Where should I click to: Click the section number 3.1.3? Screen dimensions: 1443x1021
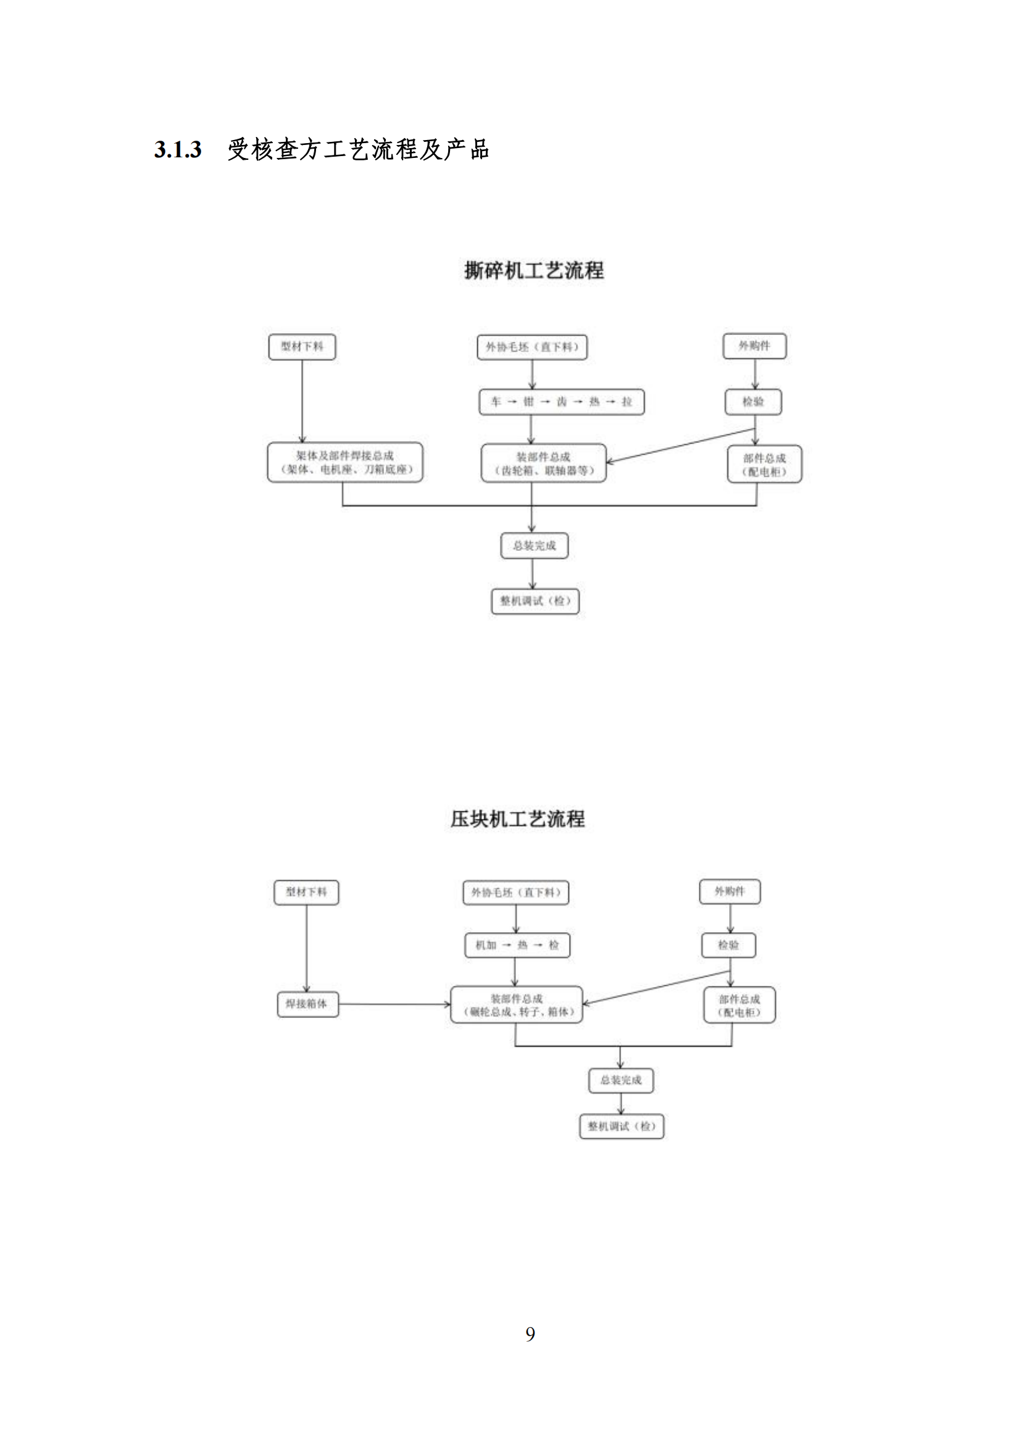pyautogui.click(x=178, y=149)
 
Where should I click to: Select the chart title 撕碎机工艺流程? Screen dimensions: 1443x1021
pyautogui.click(x=534, y=270)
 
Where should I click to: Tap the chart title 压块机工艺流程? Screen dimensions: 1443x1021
pyautogui.click(x=517, y=819)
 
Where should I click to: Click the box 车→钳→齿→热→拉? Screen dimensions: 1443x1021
pyautogui.click(x=561, y=402)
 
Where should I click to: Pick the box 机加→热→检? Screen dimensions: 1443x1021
pyautogui.click(x=517, y=945)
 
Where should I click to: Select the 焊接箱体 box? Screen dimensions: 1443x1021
pyautogui.click(x=307, y=1004)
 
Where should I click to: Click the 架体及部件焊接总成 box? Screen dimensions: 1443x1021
pyautogui.click(x=344, y=463)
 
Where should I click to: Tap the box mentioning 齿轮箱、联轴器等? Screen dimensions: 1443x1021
pyautogui.click(x=543, y=464)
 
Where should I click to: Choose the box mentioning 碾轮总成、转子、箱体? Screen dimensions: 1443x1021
pyautogui.click(x=517, y=1005)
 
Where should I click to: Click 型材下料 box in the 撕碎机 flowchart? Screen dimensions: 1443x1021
pyautogui.click(x=302, y=346)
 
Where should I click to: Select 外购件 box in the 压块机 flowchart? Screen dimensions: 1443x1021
pyautogui.click(x=730, y=891)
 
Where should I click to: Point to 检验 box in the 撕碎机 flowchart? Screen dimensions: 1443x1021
pyautogui.click(x=753, y=402)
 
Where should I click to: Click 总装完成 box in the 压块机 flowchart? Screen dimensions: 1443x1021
pyautogui.click(x=620, y=1080)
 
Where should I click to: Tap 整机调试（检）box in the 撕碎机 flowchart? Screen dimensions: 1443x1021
pyautogui.click(x=535, y=601)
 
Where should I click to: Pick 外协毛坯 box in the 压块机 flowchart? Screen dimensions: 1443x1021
pyautogui.click(x=515, y=893)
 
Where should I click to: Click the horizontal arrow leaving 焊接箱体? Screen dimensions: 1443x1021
pyautogui.click(x=394, y=1004)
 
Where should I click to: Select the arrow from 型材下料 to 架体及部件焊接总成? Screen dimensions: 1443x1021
pyautogui.click(x=302, y=401)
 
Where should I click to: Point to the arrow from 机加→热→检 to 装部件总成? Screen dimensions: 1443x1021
pyautogui.click(x=515, y=972)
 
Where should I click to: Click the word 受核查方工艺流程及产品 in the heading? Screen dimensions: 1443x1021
pyautogui.click(x=358, y=149)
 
